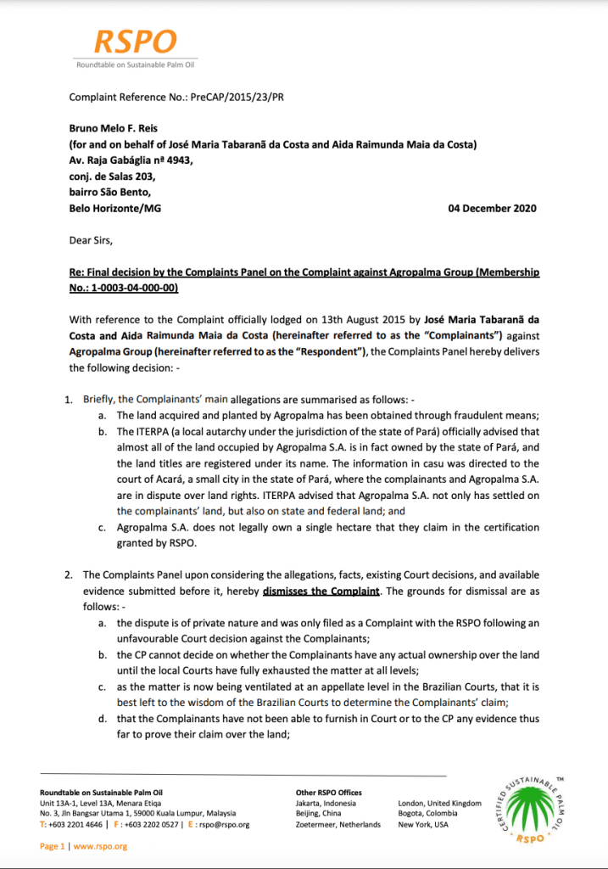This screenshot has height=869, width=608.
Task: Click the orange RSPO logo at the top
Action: [x=136, y=42]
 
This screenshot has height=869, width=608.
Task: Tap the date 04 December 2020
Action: [x=492, y=208]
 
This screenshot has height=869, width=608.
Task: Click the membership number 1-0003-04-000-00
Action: [x=138, y=288]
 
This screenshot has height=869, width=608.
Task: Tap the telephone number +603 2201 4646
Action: [x=70, y=824]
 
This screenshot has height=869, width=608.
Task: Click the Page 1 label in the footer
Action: [x=53, y=846]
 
